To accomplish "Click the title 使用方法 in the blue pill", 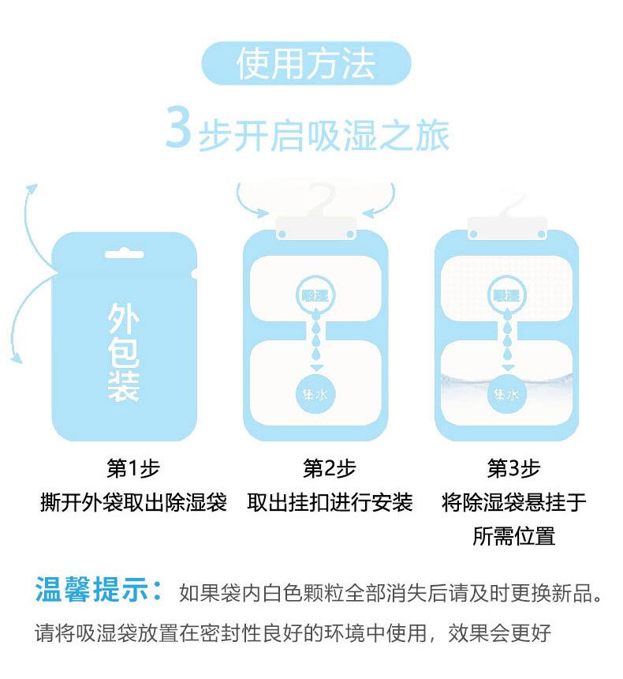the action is click(305, 64).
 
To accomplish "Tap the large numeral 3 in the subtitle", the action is click(179, 127).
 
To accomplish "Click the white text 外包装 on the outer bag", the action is click(124, 352).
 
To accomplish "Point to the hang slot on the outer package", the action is click(124, 253).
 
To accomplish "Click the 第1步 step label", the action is click(134, 468).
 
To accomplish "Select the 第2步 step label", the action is click(329, 468).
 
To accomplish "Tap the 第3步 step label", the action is click(513, 468).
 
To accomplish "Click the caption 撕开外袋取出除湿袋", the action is click(134, 502).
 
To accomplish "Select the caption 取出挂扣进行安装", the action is click(330, 502).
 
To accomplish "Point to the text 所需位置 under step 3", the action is click(513, 536).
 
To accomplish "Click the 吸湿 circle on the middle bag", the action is click(315, 296).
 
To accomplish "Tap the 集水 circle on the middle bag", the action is click(315, 394).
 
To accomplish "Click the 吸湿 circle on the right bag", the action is click(506, 296).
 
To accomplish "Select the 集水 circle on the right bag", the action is click(506, 394).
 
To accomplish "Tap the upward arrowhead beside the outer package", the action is click(32, 190).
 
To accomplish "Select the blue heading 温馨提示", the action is click(99, 589).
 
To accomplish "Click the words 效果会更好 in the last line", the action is click(499, 633).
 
